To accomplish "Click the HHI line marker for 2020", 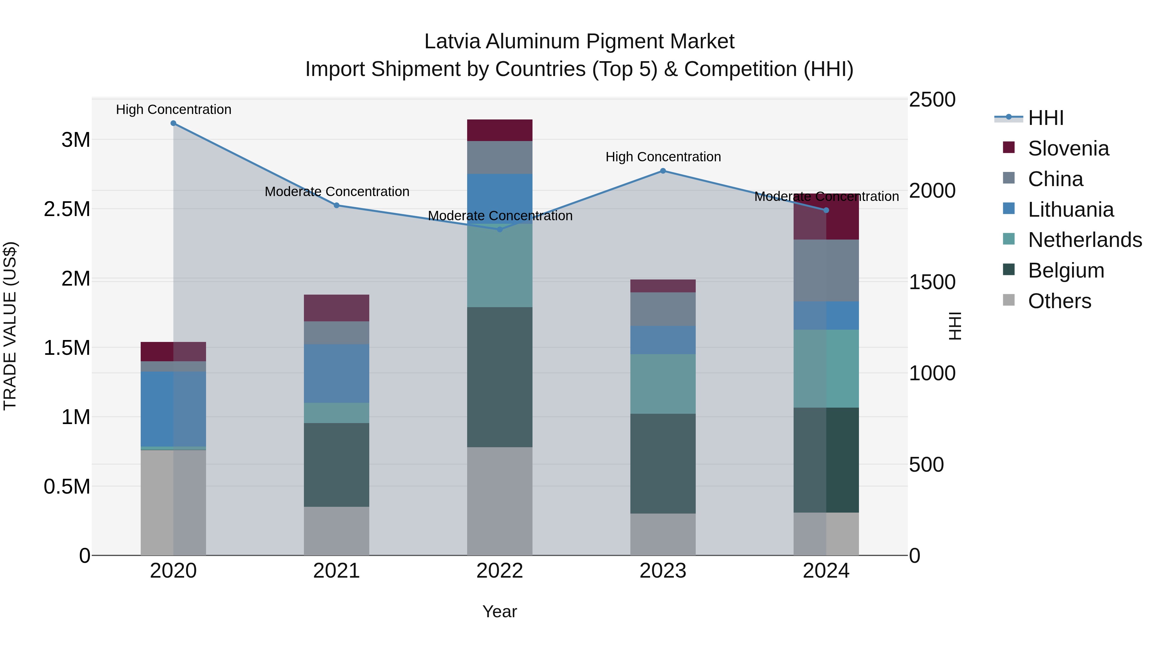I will pos(173,123).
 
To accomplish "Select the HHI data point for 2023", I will pos(663,171).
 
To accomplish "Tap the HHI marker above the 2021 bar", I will pos(336,205).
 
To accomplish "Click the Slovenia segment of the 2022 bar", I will pos(499,130).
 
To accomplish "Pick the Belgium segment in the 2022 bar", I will pos(499,377).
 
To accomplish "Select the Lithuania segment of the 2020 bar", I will pos(173,409).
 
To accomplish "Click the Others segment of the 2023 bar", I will pos(663,534).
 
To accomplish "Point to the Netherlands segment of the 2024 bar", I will pos(826,369).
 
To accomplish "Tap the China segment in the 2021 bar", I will pos(336,333).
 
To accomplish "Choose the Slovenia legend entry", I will pos(1068,148).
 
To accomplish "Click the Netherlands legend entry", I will pos(1084,240).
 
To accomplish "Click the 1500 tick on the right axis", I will pos(932,282).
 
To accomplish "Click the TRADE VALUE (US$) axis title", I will pos(10,326).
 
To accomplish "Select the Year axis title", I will pos(499,611).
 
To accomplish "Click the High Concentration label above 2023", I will pos(663,157).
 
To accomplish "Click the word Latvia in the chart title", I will pos(453,42).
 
